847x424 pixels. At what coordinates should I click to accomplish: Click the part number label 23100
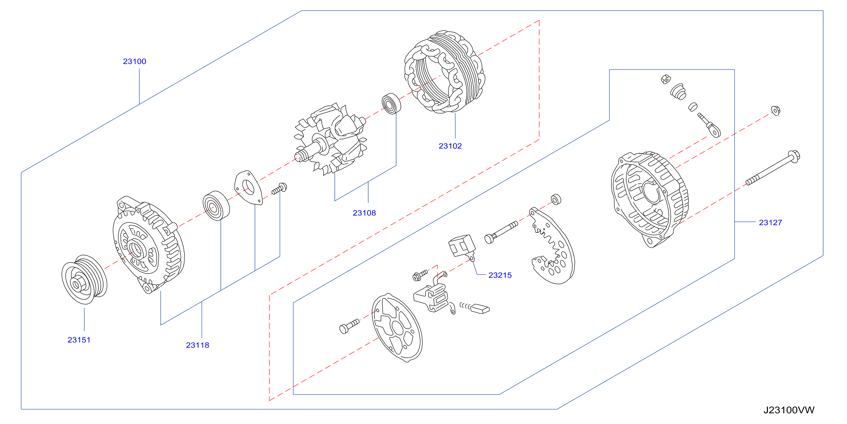pos(135,61)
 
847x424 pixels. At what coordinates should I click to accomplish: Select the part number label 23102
pos(450,146)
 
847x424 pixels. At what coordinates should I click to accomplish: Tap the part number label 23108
pos(364,213)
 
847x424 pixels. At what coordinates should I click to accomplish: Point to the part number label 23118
pos(197,345)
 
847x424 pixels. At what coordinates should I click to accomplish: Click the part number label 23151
pos(79,340)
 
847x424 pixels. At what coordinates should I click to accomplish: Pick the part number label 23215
pos(500,275)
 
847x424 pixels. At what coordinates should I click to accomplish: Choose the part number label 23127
pos(770,223)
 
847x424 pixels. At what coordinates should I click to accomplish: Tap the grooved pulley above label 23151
pos(84,280)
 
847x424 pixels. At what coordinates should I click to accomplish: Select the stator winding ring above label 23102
pos(445,72)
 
